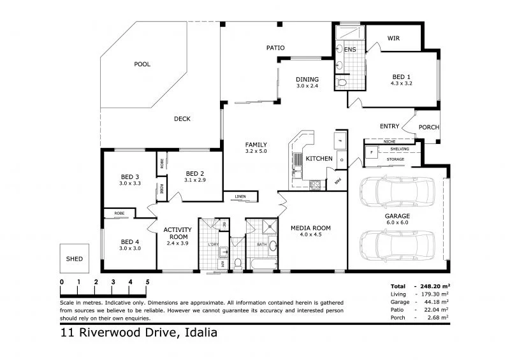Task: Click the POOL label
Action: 142,64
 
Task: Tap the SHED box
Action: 74,259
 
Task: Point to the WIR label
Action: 393,38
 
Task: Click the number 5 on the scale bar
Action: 147,282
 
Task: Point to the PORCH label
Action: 429,127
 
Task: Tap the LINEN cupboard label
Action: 240,196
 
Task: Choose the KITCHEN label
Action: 319,158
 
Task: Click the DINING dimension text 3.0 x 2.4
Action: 307,86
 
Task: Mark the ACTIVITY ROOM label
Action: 174,233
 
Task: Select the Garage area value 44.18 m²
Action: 435,302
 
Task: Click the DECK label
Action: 182,119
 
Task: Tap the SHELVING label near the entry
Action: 400,149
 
